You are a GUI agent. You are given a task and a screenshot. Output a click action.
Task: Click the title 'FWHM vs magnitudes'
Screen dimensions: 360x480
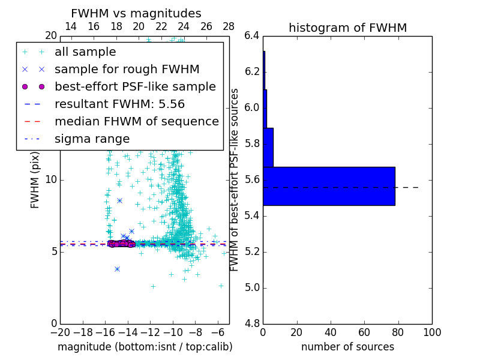pyautogui.click(x=136, y=13)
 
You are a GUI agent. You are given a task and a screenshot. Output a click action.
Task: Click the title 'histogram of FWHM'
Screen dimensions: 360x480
pyautogui.click(x=347, y=28)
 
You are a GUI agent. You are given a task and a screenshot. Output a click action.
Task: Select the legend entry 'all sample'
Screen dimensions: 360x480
pyautogui.click(x=85, y=52)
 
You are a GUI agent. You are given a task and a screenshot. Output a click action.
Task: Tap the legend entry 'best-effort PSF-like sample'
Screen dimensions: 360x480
pyautogui.click(x=135, y=86)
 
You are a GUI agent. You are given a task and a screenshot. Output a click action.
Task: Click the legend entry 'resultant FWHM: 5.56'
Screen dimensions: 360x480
pyautogui.click(x=119, y=104)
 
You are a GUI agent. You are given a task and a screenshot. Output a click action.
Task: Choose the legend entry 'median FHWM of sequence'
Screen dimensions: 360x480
pyautogui.click(x=136, y=122)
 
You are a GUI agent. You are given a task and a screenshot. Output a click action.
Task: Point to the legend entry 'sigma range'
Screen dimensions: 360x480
pyautogui.click(x=92, y=139)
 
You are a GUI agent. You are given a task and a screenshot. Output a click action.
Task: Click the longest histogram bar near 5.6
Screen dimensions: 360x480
pyautogui.click(x=329, y=186)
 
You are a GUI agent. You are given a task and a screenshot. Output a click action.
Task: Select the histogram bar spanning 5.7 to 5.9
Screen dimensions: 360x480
pyautogui.click(x=268, y=147)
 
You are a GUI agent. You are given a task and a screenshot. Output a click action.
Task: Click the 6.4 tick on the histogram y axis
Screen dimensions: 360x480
pyautogui.click(x=252, y=36)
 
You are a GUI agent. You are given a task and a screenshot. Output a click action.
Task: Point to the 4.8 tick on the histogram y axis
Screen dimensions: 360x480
pyautogui.click(x=252, y=323)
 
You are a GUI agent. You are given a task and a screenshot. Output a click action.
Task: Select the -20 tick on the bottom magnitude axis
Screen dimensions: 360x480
pyautogui.click(x=60, y=332)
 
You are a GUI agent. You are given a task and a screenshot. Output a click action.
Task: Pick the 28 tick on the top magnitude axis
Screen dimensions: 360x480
pyautogui.click(x=229, y=26)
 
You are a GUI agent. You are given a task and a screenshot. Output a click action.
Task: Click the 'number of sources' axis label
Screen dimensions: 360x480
pyautogui.click(x=347, y=347)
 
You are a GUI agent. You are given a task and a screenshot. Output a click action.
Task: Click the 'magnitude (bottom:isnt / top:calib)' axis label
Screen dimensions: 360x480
pyautogui.click(x=145, y=347)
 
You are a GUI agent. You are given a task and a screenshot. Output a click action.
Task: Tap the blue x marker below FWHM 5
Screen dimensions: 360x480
pyautogui.click(x=117, y=269)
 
